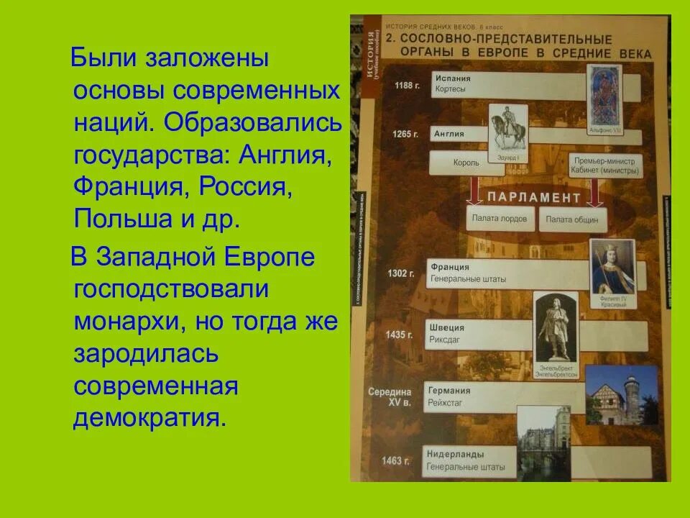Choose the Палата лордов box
coord(500,217)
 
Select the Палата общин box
coord(572,219)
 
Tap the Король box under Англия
coord(466,163)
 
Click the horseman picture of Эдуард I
coord(507,129)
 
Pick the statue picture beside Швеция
coord(555,327)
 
